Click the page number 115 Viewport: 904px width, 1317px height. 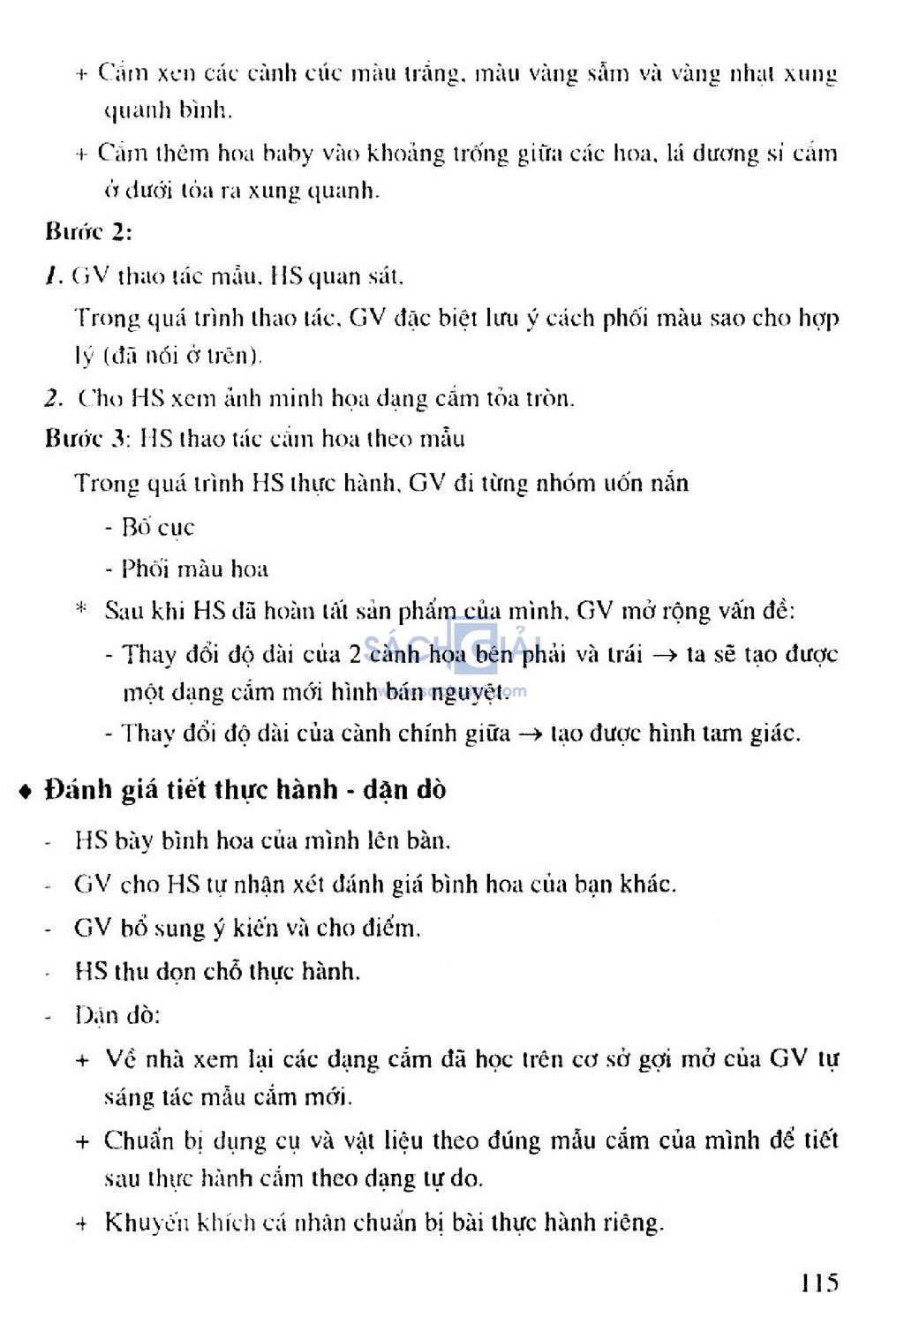(820, 1283)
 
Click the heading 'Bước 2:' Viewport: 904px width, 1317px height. (88, 232)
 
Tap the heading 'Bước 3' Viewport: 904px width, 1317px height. (87, 439)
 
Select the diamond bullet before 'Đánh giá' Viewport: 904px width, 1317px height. (26, 791)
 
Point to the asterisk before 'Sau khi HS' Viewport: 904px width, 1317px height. (81, 608)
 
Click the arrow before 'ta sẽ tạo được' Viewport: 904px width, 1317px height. (666, 655)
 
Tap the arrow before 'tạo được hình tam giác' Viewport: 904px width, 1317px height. (530, 734)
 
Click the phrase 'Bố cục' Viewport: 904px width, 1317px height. (157, 527)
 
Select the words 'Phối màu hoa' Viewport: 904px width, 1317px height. (194, 568)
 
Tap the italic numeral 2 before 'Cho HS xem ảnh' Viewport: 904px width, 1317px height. (54, 398)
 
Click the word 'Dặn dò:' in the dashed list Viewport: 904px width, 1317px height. (117, 1015)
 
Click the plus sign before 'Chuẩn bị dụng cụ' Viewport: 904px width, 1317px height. (82, 1141)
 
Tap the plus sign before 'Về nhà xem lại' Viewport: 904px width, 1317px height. (82, 1059)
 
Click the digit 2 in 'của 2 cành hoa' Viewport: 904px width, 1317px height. (355, 654)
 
